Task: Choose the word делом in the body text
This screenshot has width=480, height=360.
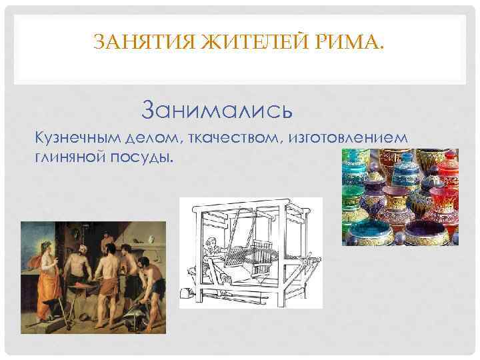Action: (159, 137)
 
